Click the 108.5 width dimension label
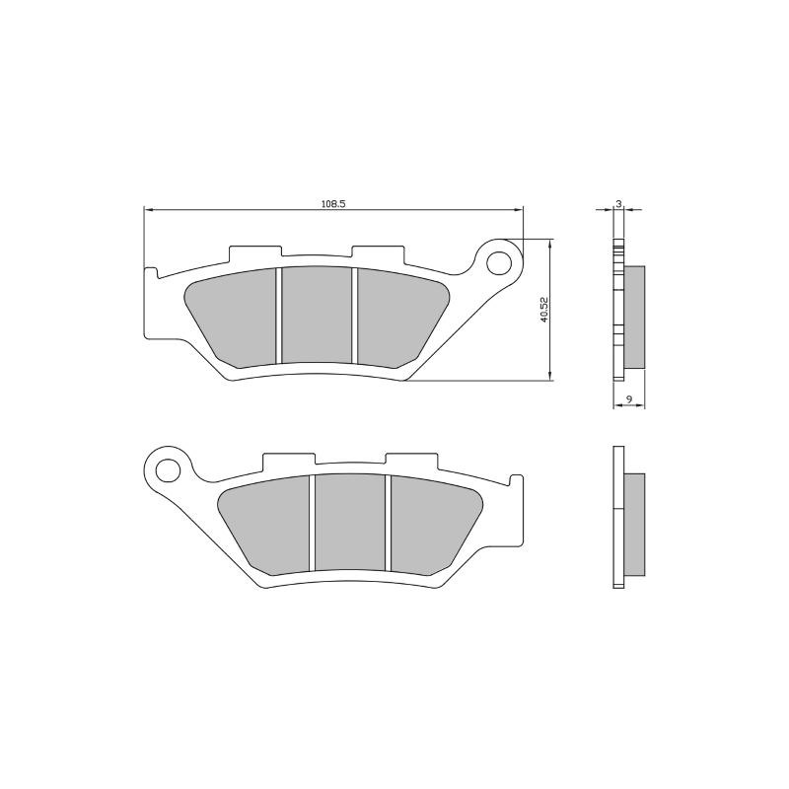pyautogui.click(x=332, y=203)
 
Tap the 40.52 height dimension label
pyautogui.click(x=543, y=309)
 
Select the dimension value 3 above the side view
pyautogui.click(x=618, y=203)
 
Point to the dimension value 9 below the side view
pyautogui.click(x=628, y=400)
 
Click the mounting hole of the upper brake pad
pyautogui.click(x=500, y=263)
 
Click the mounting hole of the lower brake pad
pyautogui.click(x=168, y=468)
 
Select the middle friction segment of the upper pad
pyautogui.click(x=317, y=314)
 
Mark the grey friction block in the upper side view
pyautogui.click(x=634, y=318)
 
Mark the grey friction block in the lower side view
pyautogui.click(x=634, y=523)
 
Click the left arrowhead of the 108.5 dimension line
pyautogui.click(x=149, y=209)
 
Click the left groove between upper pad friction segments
pyautogui.click(x=278, y=315)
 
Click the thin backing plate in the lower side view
pyautogui.click(x=618, y=517)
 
